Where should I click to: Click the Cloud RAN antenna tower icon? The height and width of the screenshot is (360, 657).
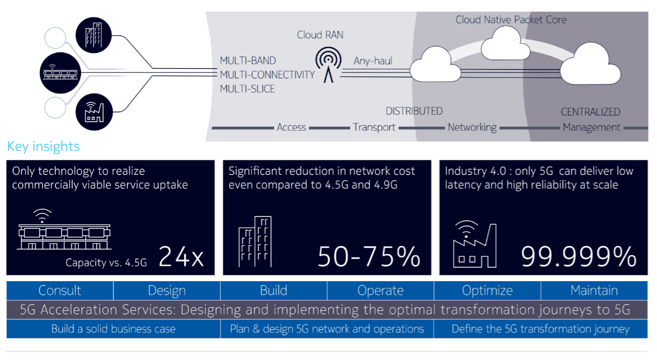[x=328, y=63]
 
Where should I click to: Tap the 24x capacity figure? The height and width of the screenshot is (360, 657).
[x=181, y=257]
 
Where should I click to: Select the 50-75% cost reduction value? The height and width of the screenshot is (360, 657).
[x=369, y=257]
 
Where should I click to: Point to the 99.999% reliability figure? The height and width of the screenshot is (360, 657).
[x=578, y=257]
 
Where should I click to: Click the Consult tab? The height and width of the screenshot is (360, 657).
[x=60, y=291]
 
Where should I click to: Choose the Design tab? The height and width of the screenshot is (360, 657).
[x=167, y=291]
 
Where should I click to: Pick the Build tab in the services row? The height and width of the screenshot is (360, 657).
[x=274, y=291]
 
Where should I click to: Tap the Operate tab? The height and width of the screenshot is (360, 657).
[x=380, y=291]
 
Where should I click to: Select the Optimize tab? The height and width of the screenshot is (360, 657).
[x=487, y=291]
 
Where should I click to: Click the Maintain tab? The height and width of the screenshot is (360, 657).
[x=594, y=291]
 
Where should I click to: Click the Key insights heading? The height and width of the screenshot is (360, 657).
[x=43, y=147]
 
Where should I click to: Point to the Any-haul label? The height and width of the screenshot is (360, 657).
[x=372, y=61]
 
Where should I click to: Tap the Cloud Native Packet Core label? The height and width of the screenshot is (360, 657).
[x=511, y=20]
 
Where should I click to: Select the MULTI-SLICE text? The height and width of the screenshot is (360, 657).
[x=247, y=88]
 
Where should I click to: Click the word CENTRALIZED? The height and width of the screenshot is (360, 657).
[x=591, y=112]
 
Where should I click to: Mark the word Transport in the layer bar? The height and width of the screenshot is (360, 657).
[x=374, y=127]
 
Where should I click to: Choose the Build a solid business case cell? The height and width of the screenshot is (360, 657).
[x=113, y=329]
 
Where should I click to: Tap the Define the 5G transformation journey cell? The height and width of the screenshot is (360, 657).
[x=540, y=329]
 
